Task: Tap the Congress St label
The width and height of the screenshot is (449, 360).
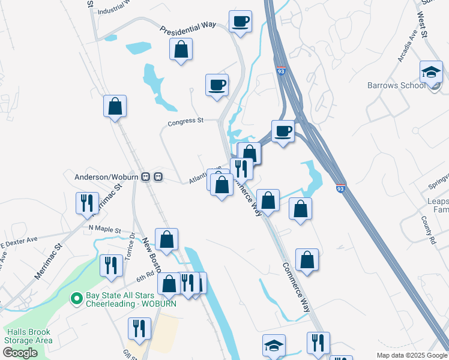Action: (x=185, y=122)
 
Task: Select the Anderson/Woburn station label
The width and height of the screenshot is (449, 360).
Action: (x=106, y=177)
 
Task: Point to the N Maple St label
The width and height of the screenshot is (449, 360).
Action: (x=104, y=230)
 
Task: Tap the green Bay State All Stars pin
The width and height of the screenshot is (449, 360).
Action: (x=76, y=298)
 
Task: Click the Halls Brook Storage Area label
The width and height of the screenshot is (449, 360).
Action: (x=28, y=336)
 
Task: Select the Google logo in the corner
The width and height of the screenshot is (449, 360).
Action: (x=20, y=353)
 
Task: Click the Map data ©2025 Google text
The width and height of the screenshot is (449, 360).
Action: (x=411, y=355)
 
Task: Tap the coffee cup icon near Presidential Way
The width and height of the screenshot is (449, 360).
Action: (x=240, y=22)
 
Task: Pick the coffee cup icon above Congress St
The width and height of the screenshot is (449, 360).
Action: (x=217, y=85)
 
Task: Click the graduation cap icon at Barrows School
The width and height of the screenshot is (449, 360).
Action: (x=431, y=73)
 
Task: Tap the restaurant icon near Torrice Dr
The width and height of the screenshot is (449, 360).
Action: (x=110, y=265)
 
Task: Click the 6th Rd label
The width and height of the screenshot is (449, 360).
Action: (x=145, y=277)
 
